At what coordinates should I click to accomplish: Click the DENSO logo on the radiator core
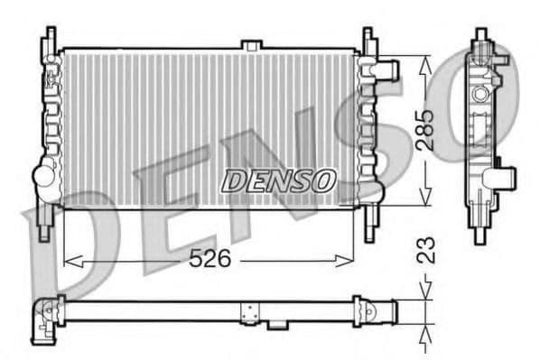278,180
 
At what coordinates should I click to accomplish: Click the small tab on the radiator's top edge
252,44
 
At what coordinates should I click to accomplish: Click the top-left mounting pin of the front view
49,39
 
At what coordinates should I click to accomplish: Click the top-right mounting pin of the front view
368,39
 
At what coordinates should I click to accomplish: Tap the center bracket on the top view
250,312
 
